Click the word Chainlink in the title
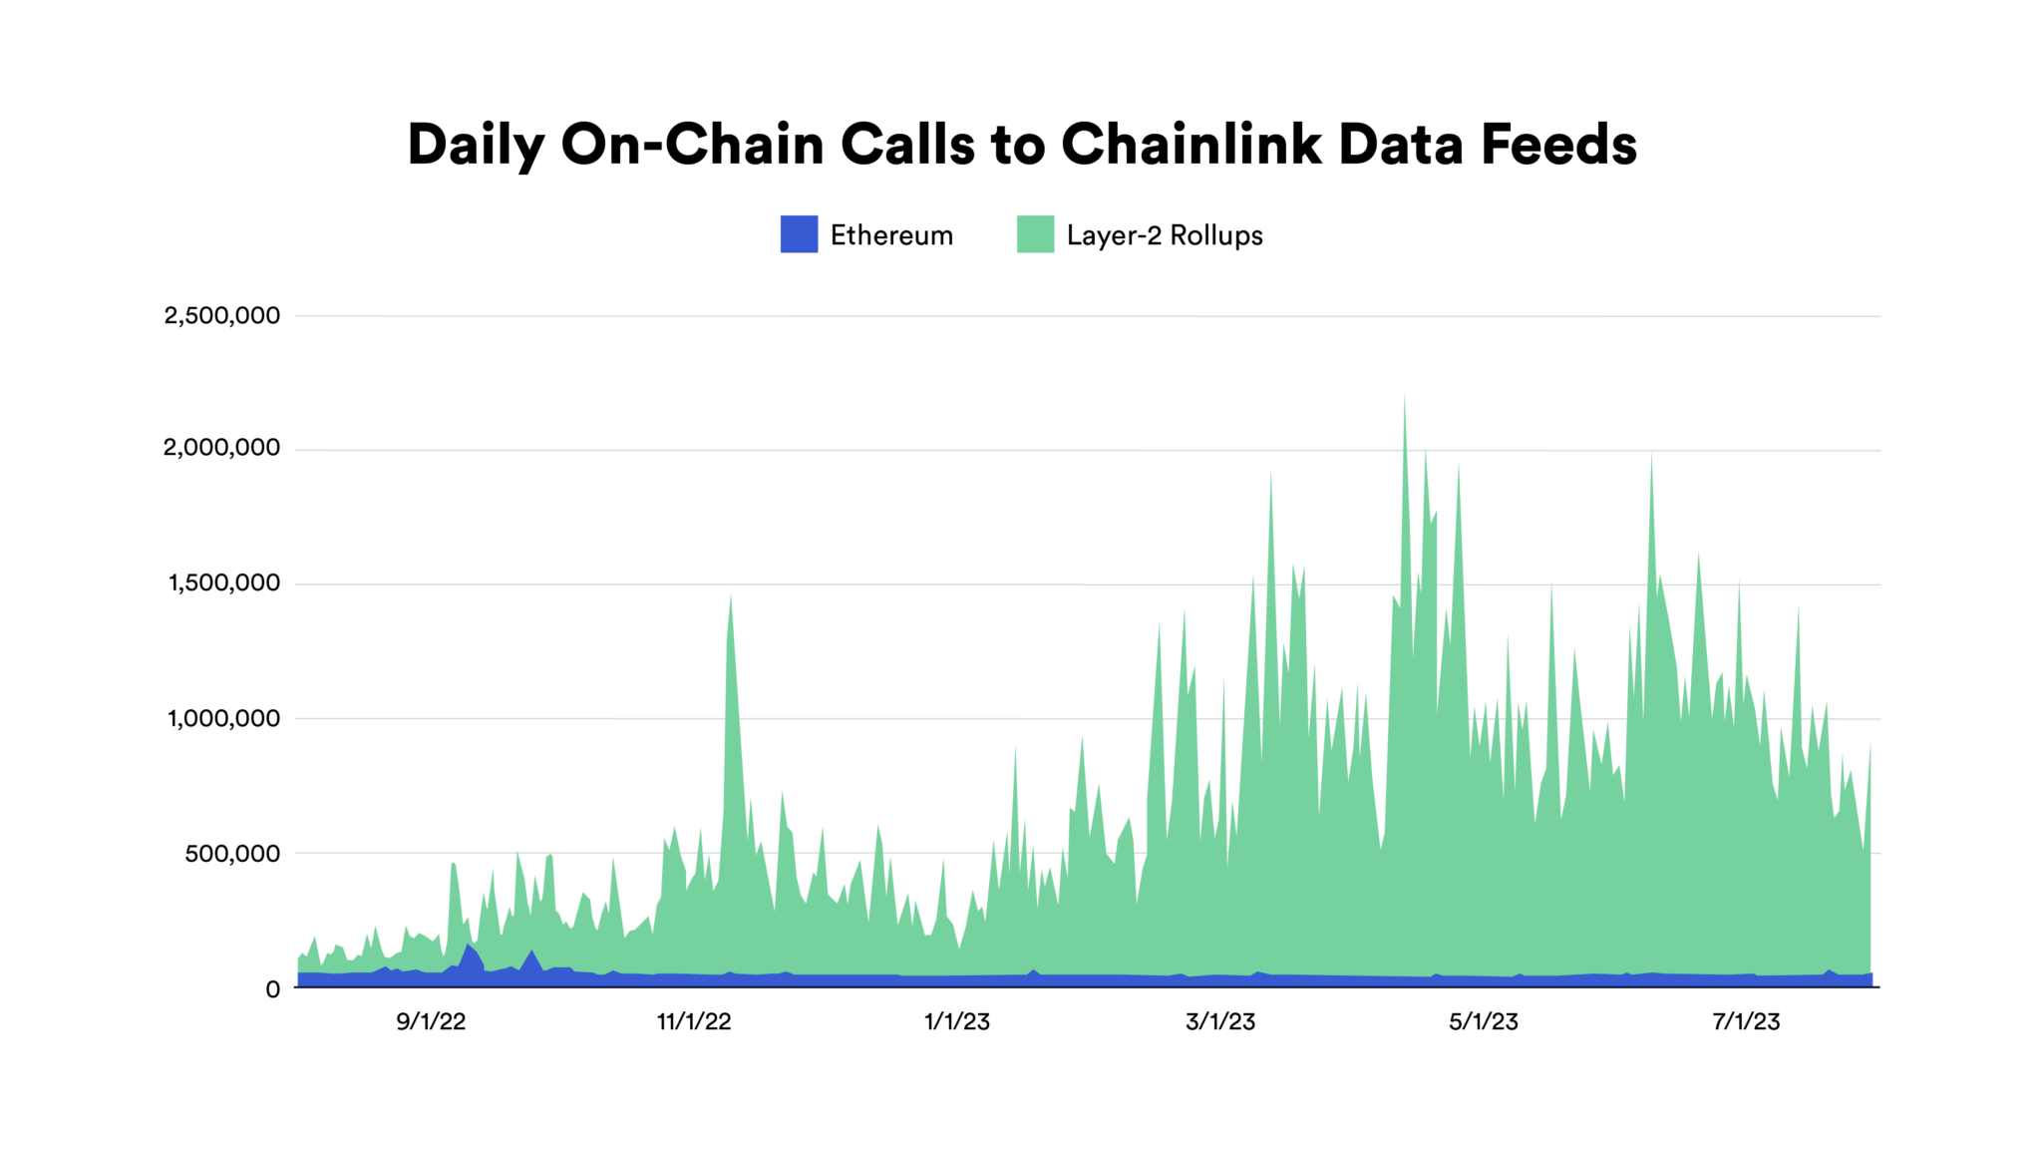click(1191, 145)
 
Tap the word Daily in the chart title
click(476, 145)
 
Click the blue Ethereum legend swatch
click(799, 234)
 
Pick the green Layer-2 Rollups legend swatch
click(1035, 234)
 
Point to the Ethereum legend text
click(891, 235)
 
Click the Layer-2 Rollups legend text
click(1165, 235)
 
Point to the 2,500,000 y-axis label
click(222, 316)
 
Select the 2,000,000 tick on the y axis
click(222, 448)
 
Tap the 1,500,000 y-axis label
click(224, 583)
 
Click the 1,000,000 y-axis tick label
click(224, 718)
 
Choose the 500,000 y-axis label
click(232, 854)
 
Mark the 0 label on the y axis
click(272, 989)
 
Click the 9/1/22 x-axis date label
click(431, 1021)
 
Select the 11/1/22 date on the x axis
click(694, 1021)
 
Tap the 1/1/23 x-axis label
click(957, 1021)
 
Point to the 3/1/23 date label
click(1220, 1021)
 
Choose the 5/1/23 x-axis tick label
click(1484, 1021)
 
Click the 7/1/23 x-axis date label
click(1747, 1021)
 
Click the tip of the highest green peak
click(1405, 396)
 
